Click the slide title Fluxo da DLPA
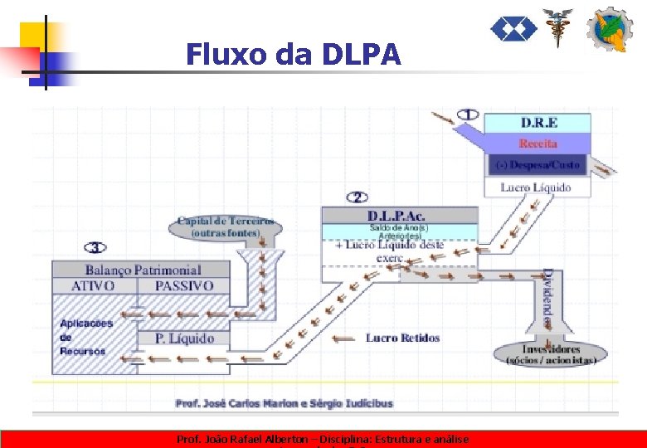[x=293, y=55]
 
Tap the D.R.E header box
[x=538, y=123]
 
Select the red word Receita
[x=538, y=144]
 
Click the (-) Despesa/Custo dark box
[x=538, y=165]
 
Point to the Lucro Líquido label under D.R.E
[x=536, y=187]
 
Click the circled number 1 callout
[x=469, y=114]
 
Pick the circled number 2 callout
[x=358, y=197]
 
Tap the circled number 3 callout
[x=95, y=247]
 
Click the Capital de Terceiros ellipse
[x=226, y=226]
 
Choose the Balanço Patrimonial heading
[x=143, y=270]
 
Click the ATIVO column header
[x=93, y=286]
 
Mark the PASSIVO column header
[x=183, y=286]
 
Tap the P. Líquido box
[x=184, y=338]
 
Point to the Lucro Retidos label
[x=402, y=338]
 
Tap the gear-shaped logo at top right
[x=611, y=30]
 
